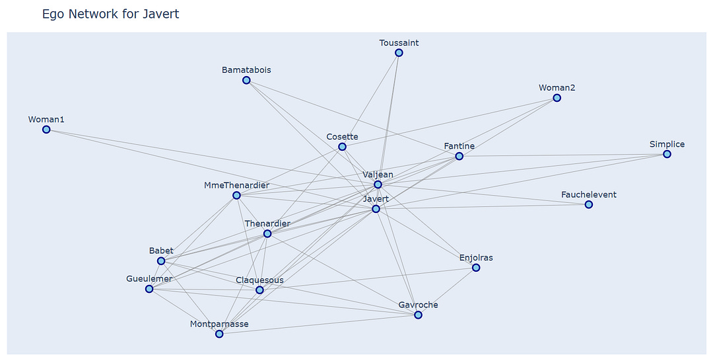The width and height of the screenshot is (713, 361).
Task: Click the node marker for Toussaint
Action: (399, 53)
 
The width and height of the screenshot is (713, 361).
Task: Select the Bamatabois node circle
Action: (246, 80)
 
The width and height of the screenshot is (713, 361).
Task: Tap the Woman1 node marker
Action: (46, 130)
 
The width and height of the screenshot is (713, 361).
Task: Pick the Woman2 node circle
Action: (557, 98)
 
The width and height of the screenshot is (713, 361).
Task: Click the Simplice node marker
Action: (667, 154)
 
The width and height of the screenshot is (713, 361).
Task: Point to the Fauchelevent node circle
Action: (588, 205)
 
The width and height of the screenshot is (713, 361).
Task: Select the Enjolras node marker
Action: (476, 268)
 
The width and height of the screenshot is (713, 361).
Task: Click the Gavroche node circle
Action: (418, 315)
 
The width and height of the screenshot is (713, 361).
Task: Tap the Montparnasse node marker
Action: (219, 334)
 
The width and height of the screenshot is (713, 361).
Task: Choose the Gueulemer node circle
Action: (149, 289)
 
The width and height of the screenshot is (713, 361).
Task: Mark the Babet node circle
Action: (161, 261)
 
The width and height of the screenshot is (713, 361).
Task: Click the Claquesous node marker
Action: (259, 290)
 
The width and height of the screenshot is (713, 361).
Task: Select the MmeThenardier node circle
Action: (236, 196)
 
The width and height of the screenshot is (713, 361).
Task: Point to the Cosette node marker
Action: (342, 147)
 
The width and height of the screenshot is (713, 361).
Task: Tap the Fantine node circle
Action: (459, 156)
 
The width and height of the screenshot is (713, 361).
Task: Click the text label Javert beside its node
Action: (376, 198)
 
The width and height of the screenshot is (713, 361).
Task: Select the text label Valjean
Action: (378, 175)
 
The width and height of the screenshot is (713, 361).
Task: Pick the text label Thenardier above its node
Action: (267, 223)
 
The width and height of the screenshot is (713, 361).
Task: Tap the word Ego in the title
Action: (53, 14)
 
